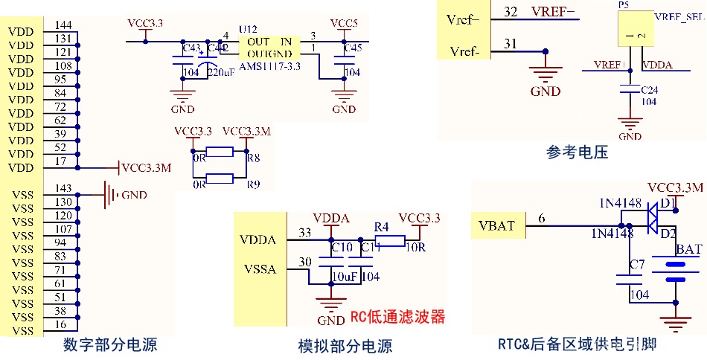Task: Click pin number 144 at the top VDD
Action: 63,25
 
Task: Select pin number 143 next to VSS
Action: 63,188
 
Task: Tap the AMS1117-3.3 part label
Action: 269,66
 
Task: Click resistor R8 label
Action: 254,158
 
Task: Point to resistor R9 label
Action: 254,184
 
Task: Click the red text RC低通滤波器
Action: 397,317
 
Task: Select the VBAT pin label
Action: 497,225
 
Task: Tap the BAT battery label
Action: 688,250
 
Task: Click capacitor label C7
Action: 636,264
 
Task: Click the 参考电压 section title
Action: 577,152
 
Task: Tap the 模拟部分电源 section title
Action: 345,346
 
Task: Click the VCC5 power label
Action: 344,23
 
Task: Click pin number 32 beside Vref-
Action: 511,12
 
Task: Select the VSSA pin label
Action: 260,269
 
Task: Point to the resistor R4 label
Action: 381,226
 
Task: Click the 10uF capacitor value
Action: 346,276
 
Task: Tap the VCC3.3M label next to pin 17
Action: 146,168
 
